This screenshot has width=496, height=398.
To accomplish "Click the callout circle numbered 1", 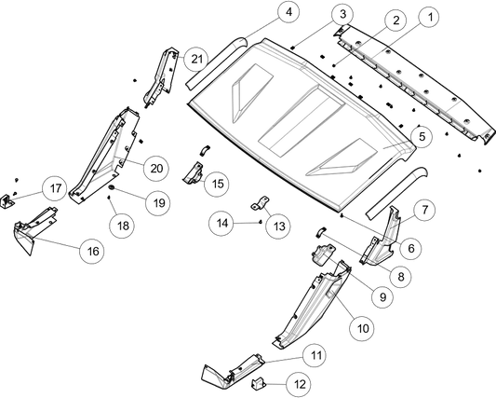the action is click(x=430, y=17).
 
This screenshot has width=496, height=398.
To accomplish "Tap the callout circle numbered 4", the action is click(x=288, y=12).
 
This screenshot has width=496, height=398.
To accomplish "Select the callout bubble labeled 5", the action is click(x=422, y=137).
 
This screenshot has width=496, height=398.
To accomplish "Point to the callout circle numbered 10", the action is click(x=363, y=328).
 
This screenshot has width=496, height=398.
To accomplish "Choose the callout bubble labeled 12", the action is click(x=299, y=384).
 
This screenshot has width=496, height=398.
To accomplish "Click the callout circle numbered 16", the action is click(x=92, y=252).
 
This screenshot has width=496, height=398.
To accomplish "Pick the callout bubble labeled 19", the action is click(x=158, y=202).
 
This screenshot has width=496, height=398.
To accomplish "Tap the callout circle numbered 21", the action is click(x=196, y=59).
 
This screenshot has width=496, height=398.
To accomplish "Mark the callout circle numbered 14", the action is click(x=221, y=223).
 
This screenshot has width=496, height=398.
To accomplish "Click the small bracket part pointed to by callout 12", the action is click(x=258, y=383).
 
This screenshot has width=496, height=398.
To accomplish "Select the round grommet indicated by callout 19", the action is click(x=112, y=187).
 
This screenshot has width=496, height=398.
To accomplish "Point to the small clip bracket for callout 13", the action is click(x=261, y=203).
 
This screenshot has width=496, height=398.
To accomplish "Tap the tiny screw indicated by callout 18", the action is click(x=109, y=198).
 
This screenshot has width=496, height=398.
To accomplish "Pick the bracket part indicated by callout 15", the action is click(x=193, y=173).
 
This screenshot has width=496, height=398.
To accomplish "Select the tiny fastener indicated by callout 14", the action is click(x=260, y=222).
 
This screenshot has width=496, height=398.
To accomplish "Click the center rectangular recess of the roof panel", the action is click(x=302, y=122).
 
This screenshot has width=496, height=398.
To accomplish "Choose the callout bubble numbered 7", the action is click(x=424, y=210).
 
